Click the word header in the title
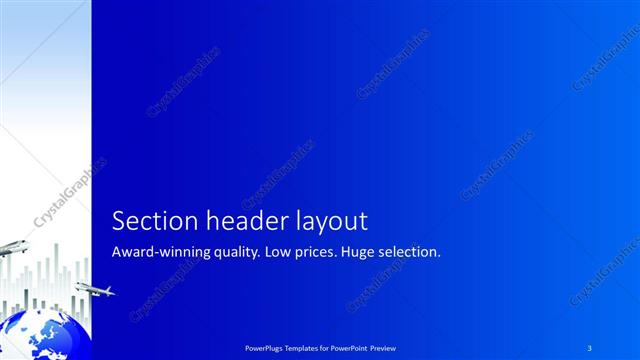[x=240, y=221]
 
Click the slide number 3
[x=591, y=347]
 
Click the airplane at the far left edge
[x=10, y=247]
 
